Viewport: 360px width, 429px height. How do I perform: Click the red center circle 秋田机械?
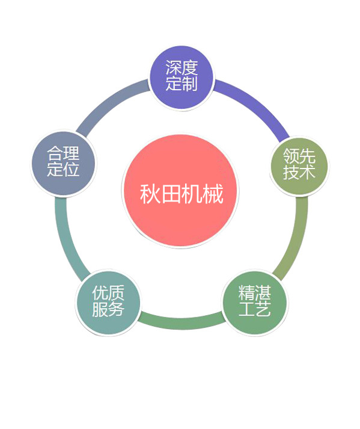180,191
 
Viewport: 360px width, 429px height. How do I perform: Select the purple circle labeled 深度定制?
182,78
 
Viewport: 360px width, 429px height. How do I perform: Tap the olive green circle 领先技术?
299,166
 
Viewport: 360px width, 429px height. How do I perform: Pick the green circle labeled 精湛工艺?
254,303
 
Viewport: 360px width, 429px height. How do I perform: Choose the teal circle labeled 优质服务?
108,303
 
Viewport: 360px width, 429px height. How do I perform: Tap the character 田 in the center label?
171,193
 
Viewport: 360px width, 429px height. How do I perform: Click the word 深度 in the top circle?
182,67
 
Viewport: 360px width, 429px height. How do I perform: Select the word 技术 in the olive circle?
299,172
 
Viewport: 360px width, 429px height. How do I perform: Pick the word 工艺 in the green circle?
254,309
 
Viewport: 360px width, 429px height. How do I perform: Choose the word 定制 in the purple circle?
182,84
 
